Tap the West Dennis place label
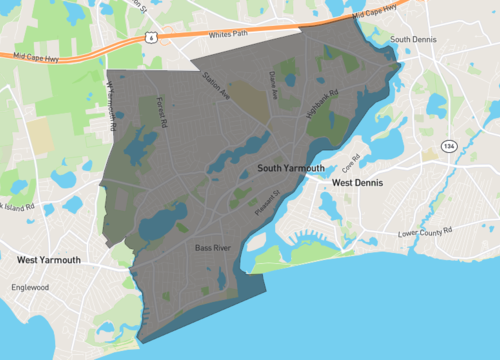click(358, 184)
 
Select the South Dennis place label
click(415, 40)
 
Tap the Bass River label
click(214, 247)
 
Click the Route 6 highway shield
click(149, 36)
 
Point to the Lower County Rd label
click(427, 234)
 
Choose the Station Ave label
click(217, 86)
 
